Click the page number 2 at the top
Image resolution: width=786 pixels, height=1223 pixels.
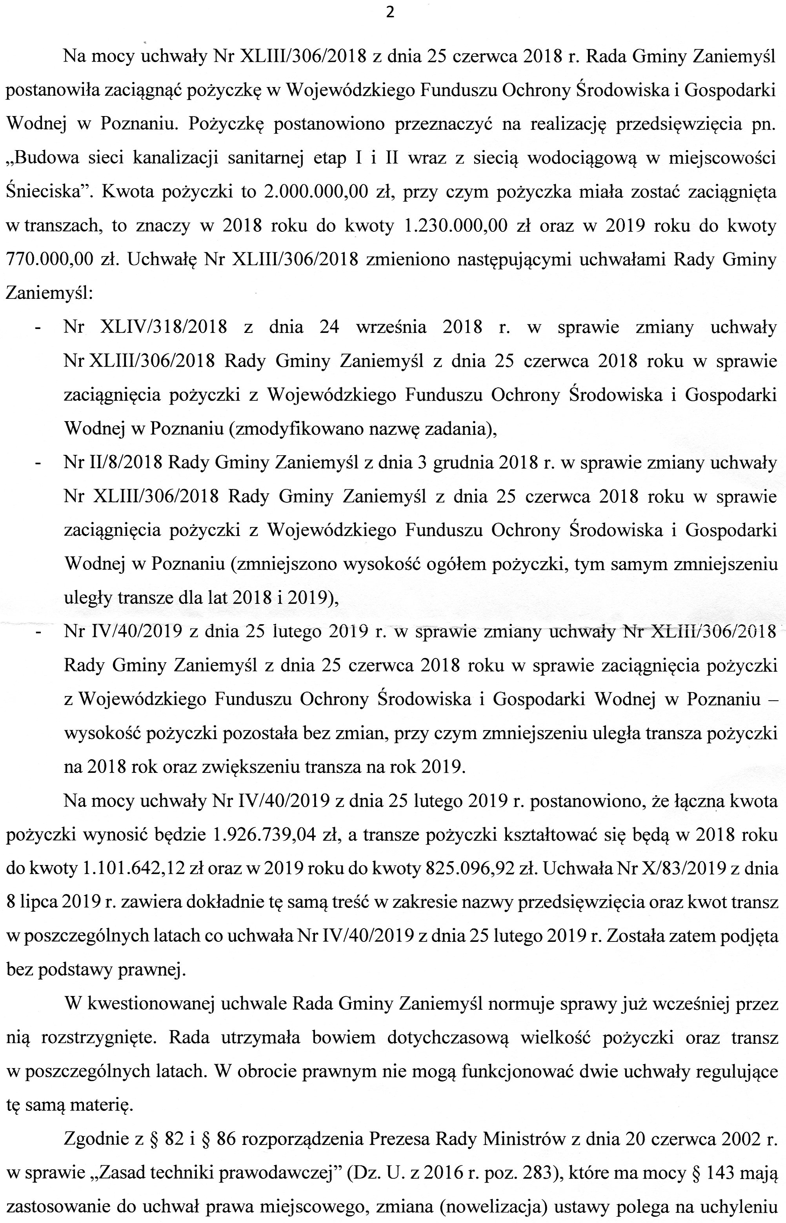(x=390, y=13)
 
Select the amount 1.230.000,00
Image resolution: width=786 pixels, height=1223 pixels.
(x=455, y=226)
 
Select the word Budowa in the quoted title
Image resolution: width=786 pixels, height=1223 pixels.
(x=43, y=158)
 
